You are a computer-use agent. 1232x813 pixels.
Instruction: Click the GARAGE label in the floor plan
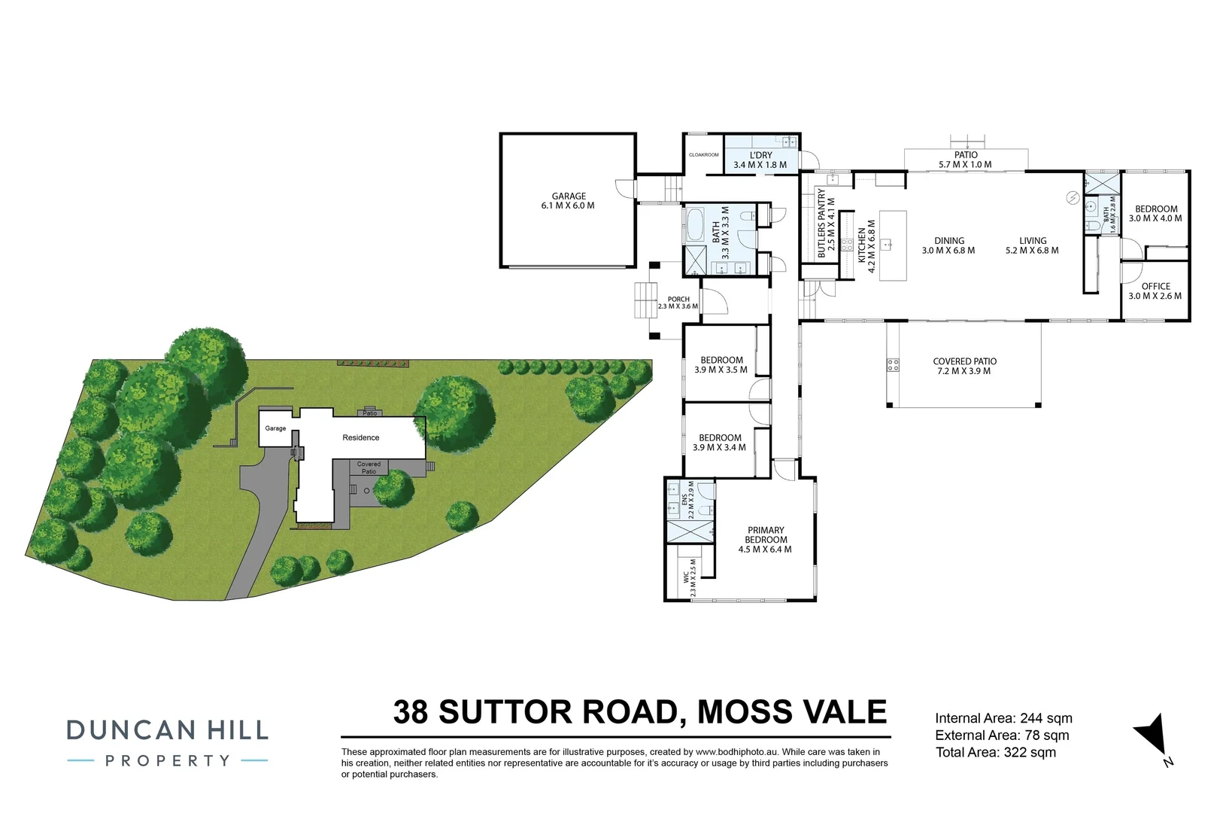tap(568, 196)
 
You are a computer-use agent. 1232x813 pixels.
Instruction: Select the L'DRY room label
tap(760, 155)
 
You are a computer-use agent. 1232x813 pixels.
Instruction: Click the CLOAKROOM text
tap(703, 155)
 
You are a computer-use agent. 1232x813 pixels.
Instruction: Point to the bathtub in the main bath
tap(693, 224)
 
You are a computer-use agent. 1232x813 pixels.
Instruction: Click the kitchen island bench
tap(893, 245)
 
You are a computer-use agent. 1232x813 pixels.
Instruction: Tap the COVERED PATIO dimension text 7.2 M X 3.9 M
tap(963, 371)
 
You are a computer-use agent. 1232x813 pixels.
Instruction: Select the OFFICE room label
tap(1155, 286)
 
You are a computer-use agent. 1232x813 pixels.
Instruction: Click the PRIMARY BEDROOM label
tap(766, 534)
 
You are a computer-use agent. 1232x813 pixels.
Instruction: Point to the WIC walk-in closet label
tap(685, 578)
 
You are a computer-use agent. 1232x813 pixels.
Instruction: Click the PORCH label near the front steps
tap(678, 299)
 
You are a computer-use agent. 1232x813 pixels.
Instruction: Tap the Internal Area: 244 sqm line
tap(1003, 718)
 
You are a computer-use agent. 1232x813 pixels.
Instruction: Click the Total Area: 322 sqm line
tap(995, 752)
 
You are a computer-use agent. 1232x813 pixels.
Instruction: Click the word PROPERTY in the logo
tap(167, 761)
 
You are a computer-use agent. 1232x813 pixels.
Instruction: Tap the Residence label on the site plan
tap(361, 437)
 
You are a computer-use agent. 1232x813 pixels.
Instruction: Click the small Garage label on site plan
tap(275, 428)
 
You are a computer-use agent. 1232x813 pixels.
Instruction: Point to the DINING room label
tap(948, 241)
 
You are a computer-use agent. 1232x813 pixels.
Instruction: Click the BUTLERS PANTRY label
tap(821, 223)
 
